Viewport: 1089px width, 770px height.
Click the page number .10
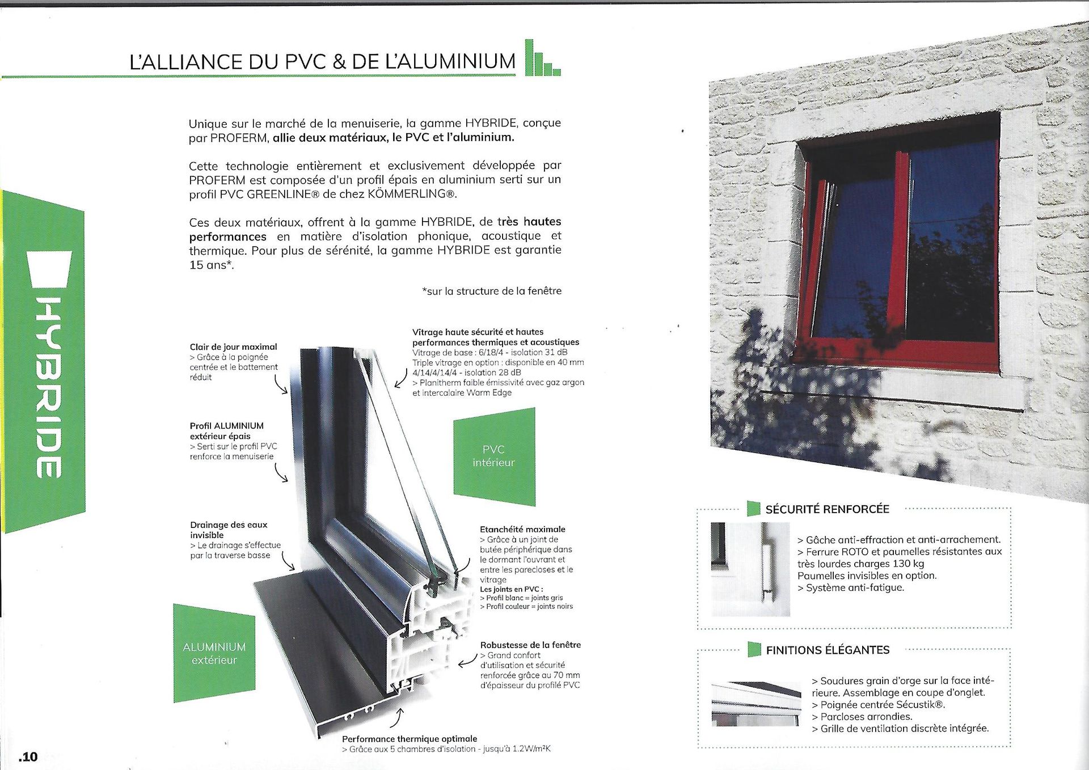[28, 756]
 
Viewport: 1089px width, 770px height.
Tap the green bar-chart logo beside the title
[542, 59]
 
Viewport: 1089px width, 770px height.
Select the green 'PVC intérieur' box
[494, 456]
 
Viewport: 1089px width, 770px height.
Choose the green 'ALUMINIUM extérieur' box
[214, 653]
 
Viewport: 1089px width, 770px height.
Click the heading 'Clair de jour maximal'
[233, 347]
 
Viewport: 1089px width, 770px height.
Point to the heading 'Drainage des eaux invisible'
[229, 530]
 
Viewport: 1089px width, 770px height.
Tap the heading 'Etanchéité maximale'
[522, 529]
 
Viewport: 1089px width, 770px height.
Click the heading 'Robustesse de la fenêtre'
[530, 645]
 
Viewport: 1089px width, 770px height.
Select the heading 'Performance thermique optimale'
[410, 739]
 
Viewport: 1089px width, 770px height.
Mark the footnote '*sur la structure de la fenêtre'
[492, 291]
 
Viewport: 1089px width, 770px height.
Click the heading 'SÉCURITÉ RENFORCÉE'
[827, 509]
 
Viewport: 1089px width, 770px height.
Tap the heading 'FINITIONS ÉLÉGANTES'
[828, 650]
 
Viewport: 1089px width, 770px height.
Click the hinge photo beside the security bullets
[750, 569]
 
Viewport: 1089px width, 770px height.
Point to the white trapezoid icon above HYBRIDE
[50, 270]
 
